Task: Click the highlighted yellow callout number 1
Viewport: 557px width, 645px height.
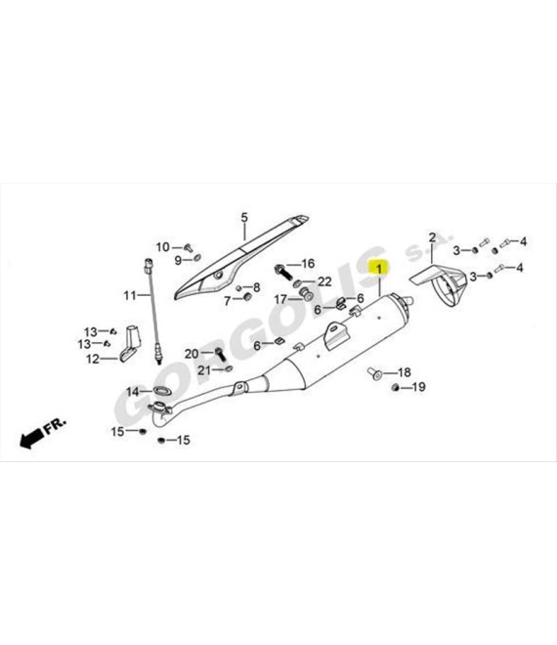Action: [380, 269]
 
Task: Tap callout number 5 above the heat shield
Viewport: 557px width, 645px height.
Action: [244, 217]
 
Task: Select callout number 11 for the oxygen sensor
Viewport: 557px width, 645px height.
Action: [130, 295]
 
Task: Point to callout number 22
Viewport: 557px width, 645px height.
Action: [324, 281]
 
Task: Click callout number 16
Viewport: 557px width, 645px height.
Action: [308, 264]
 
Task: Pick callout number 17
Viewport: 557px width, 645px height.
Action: [280, 299]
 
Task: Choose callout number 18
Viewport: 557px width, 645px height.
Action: [405, 372]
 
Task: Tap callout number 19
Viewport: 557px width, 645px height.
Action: [419, 387]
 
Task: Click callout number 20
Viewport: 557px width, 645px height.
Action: [192, 354]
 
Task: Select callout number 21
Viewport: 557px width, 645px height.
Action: [204, 370]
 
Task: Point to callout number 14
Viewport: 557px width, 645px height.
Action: [133, 392]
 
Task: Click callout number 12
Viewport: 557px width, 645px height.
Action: [93, 359]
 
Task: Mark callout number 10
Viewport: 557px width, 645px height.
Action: [163, 247]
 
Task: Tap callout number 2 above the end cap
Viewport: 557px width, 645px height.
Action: [432, 237]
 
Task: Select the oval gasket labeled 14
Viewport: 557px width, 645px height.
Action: [162, 390]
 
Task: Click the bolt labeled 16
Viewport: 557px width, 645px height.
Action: [283, 273]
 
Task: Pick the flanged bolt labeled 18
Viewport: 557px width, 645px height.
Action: [374, 374]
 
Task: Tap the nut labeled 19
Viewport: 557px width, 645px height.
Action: [396, 388]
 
